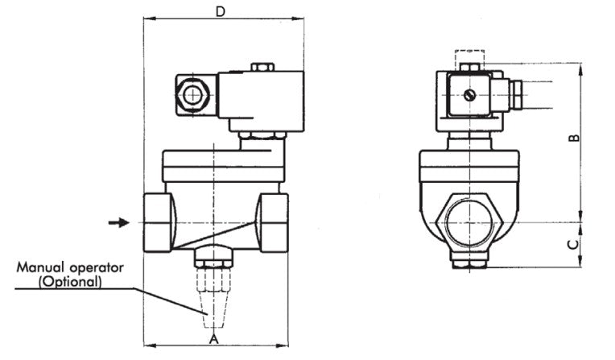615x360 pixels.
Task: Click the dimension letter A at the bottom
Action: click(x=213, y=341)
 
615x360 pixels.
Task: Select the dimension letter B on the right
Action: click(x=573, y=138)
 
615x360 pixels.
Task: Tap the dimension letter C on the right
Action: click(x=572, y=243)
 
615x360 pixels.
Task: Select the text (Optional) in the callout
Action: click(x=70, y=282)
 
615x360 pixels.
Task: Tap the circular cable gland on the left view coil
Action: click(x=192, y=96)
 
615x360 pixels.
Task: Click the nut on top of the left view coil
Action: click(x=262, y=68)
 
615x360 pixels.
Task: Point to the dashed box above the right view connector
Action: click(x=468, y=59)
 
